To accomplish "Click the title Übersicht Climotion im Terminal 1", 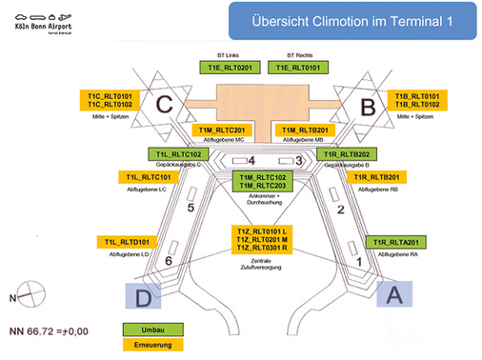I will tap(339, 20).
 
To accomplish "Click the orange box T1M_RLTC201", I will tap(220, 130).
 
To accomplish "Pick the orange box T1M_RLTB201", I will tap(301, 130).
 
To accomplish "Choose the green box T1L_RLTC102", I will tap(177, 154).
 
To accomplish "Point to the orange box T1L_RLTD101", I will tap(130, 242).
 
